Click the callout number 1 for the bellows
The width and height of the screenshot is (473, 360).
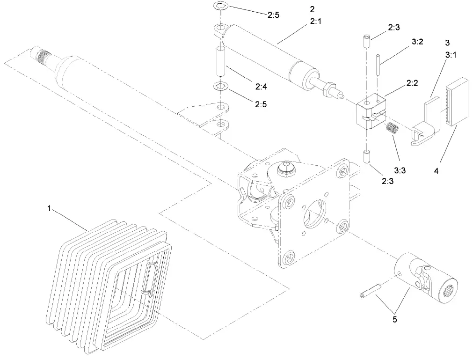click(x=49, y=208)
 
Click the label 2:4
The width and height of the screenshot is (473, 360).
click(x=261, y=86)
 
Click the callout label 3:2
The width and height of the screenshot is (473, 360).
click(x=417, y=42)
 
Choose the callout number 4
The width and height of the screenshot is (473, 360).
click(x=436, y=171)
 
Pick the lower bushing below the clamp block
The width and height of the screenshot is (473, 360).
click(x=367, y=156)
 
